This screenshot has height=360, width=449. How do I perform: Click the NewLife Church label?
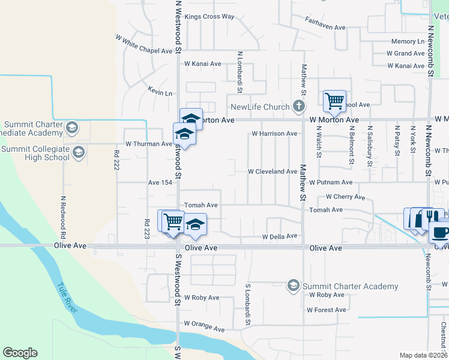[261, 107]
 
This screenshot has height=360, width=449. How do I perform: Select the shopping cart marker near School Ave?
[334, 100]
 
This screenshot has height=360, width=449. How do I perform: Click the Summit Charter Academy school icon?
[294, 285]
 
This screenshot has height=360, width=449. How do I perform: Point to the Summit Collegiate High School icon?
[78, 153]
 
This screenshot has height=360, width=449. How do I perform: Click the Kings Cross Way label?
[209, 17]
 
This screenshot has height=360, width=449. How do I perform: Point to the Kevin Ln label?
[160, 93]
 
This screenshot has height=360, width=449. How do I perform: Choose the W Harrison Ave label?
[274, 133]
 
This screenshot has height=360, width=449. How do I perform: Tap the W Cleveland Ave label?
[273, 171]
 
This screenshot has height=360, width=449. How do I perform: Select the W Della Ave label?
[280, 236]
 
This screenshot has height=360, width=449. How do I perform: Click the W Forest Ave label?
[327, 310]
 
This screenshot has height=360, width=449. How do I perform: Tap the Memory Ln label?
[408, 41]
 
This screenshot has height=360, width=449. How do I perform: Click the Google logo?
[20, 353]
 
